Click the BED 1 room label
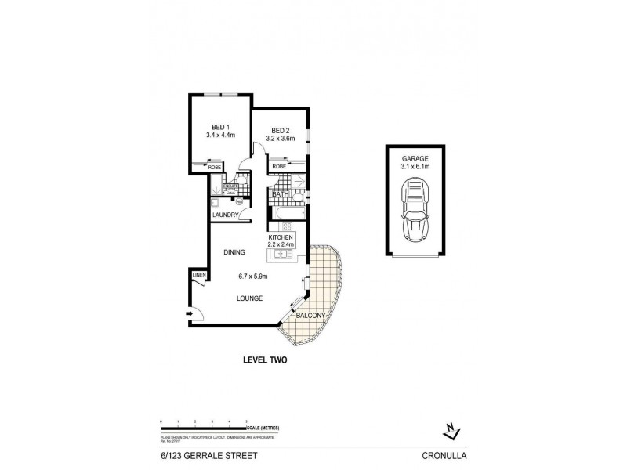pyautogui.click(x=220, y=127)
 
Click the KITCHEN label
pyautogui.click(x=281, y=237)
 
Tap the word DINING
pyautogui.click(x=234, y=252)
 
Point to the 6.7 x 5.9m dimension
pyautogui.click(x=253, y=276)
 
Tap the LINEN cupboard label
pyautogui.click(x=199, y=276)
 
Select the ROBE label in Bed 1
pyautogui.click(x=213, y=167)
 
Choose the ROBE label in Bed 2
pyautogui.click(x=278, y=167)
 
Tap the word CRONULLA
pyautogui.click(x=444, y=452)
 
